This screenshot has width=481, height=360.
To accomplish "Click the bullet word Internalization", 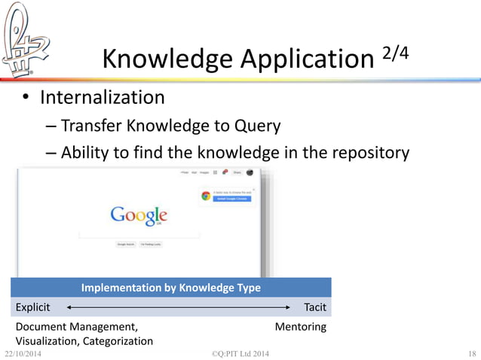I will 102,97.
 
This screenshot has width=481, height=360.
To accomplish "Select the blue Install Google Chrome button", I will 232,200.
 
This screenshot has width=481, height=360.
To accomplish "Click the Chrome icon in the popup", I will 205,196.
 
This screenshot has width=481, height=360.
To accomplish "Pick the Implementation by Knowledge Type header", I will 170,288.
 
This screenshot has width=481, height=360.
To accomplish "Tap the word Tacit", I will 314,307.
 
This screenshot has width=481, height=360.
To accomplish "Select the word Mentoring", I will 300,327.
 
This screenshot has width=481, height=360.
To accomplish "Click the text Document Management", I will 76,327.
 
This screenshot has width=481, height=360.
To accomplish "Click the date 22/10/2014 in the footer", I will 25,354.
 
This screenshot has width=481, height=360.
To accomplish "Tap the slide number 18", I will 472,354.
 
